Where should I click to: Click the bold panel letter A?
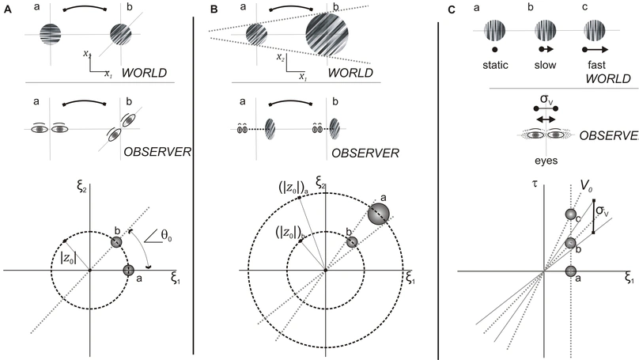tap(6, 7)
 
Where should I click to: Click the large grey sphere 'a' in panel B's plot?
tap(378, 214)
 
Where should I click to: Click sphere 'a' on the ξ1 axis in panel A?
tap(129, 271)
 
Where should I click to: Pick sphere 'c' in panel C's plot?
tap(570, 214)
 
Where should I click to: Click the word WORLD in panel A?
tap(163, 72)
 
